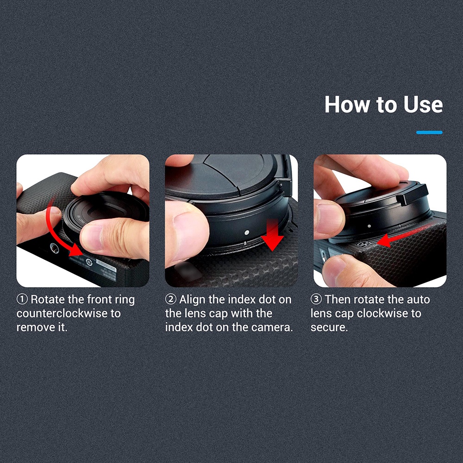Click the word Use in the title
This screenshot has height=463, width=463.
423,105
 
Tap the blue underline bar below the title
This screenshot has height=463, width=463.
429,132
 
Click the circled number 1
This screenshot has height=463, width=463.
22,300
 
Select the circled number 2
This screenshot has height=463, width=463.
171,300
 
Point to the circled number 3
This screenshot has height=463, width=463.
316,300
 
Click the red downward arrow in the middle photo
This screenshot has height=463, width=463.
273,235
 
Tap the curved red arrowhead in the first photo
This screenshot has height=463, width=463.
75,250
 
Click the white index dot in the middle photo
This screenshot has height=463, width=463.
247,232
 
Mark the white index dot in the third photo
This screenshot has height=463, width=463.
369,226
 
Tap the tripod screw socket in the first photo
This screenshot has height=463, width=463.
54,247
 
